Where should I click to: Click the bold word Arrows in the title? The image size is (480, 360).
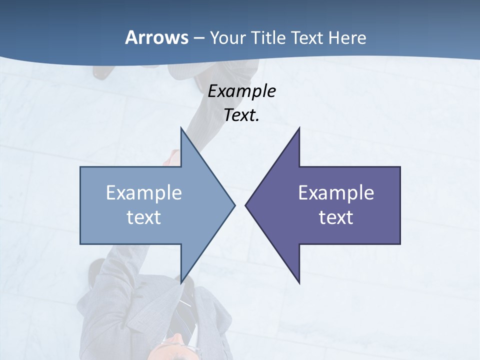point(156,37)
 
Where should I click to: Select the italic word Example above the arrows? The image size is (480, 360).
point(242,91)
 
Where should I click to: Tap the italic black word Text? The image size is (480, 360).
point(241,115)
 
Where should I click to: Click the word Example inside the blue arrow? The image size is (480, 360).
point(144,193)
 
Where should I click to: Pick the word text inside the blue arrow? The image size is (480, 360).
point(144,217)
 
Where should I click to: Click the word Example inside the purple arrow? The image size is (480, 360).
point(336,193)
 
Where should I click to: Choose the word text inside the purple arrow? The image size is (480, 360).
point(336,217)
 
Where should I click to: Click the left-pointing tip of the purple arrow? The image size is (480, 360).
point(246,205)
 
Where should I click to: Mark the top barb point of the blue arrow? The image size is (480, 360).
point(181,128)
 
